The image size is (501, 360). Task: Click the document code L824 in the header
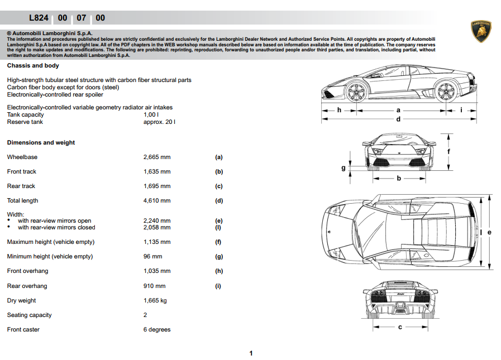[39, 18]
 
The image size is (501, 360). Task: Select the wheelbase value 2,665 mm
[157, 157]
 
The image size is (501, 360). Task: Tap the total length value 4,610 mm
[157, 200]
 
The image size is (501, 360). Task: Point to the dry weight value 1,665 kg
[155, 300]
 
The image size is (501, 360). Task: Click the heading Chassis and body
[33, 65]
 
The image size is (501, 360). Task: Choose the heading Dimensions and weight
[41, 142]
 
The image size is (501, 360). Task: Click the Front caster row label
[23, 329]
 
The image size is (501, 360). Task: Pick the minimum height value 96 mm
[153, 256]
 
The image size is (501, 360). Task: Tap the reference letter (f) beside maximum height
[218, 242]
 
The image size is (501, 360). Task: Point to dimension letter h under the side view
[339, 110]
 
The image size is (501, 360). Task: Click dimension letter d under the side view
[398, 119]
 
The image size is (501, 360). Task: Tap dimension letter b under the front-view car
[399, 179]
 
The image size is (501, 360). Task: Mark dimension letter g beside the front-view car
[343, 167]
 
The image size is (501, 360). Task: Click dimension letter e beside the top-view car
[489, 232]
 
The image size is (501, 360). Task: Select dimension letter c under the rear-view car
[400, 327]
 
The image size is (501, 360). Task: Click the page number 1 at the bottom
[251, 353]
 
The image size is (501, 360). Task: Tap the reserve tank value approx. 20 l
[159, 122]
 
